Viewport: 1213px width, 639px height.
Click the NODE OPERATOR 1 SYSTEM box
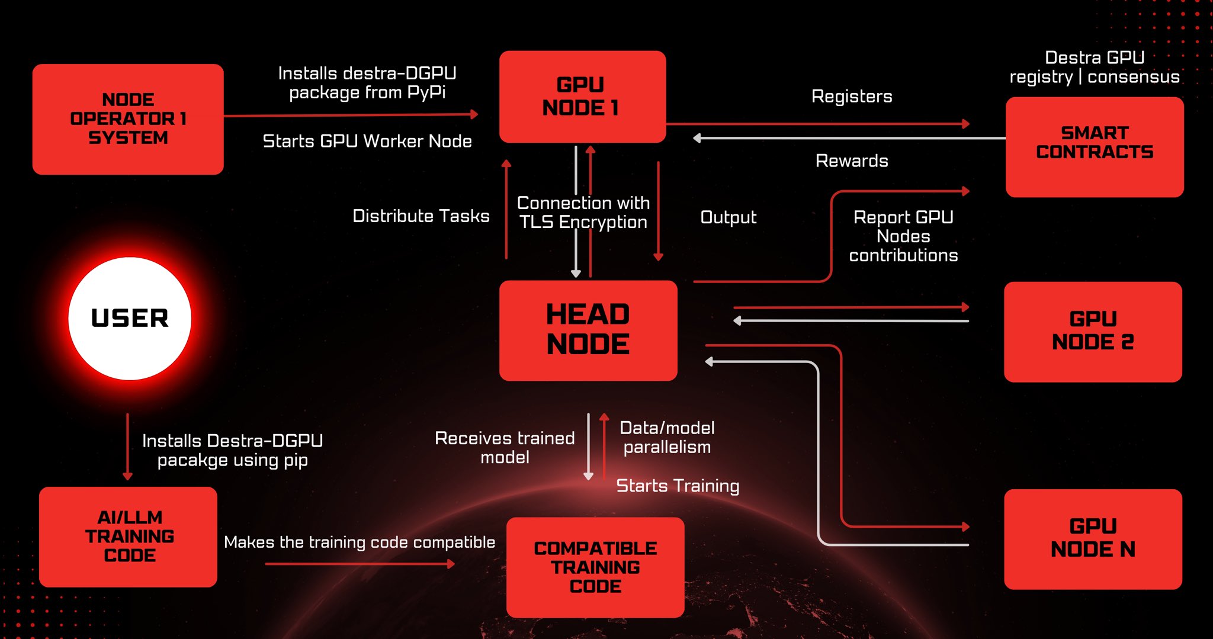tap(128, 119)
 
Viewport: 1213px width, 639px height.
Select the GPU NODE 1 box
tap(582, 97)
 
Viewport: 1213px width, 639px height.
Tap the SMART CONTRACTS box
tap(1095, 146)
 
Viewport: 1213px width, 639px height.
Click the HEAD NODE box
tap(588, 330)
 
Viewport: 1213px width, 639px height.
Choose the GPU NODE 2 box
tap(1093, 331)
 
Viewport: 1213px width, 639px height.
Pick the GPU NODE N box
tap(1093, 538)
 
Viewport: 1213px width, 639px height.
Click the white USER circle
tap(130, 319)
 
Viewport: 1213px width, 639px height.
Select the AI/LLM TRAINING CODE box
tap(129, 537)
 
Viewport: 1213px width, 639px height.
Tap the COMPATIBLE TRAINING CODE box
tap(595, 567)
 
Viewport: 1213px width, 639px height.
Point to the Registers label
tap(851, 97)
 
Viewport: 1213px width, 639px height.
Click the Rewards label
tap(851, 160)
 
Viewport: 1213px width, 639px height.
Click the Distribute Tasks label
tap(421, 216)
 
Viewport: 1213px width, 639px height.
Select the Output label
tap(728, 217)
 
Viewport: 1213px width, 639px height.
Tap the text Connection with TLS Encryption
tap(583, 212)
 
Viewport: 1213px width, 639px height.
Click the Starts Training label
tap(678, 486)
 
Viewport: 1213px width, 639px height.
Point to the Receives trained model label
tap(505, 447)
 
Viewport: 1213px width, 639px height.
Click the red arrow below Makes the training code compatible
tap(359, 564)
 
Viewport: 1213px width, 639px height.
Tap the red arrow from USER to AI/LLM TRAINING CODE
tap(127, 447)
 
